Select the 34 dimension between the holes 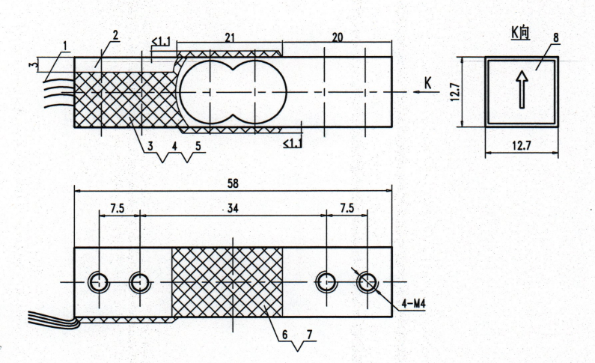tap(232, 209)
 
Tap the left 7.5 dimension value tap(118, 209)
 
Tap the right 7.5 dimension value tap(346, 209)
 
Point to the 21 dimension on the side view tap(231, 37)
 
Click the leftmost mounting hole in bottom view tap(98, 282)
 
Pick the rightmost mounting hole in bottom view tap(367, 282)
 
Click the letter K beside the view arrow tap(427, 82)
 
